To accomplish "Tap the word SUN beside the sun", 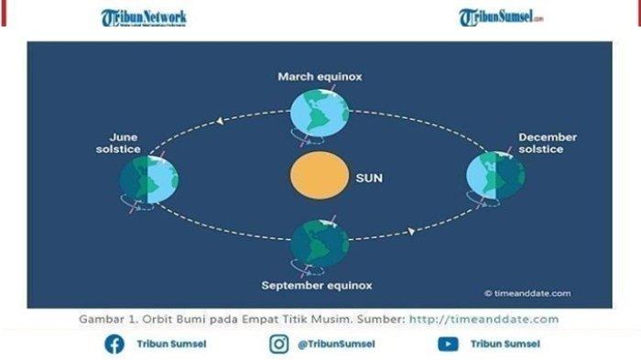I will [368, 179].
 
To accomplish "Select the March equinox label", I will [320, 77].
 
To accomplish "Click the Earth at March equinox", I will [320, 112].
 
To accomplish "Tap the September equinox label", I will [317, 285].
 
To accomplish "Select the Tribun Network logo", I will [144, 17].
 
